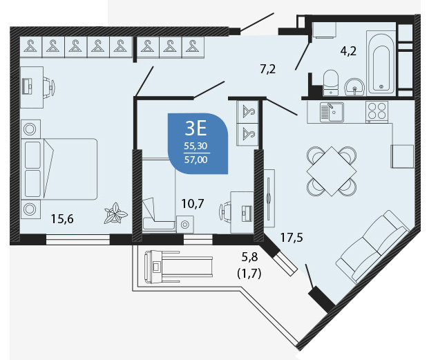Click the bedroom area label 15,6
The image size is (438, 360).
[62, 219]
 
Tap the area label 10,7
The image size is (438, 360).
[193, 204]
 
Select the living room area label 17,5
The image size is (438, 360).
[292, 238]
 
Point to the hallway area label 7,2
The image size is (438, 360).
[267, 69]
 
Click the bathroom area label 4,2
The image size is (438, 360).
[348, 51]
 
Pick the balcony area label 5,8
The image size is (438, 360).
[249, 257]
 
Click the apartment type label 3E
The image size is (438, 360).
[196, 129]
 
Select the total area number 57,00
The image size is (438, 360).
[196, 160]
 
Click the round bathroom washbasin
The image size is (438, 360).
[354, 87]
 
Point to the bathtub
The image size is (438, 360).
[381, 62]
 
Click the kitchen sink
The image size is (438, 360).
[332, 112]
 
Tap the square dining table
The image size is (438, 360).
[332, 171]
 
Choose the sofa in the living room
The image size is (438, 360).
[373, 247]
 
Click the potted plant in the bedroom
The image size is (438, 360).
[115, 214]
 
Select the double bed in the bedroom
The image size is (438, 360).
[59, 169]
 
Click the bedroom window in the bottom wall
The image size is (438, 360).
[78, 240]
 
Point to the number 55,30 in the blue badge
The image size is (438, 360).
[196, 146]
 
